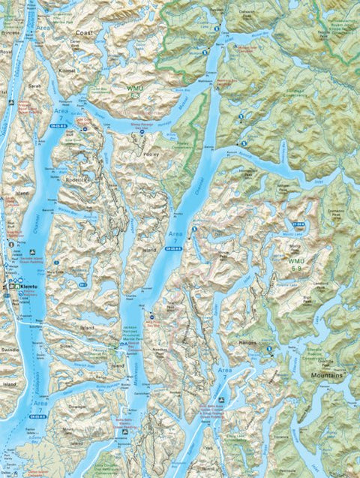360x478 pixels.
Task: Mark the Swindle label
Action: point(10,349)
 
